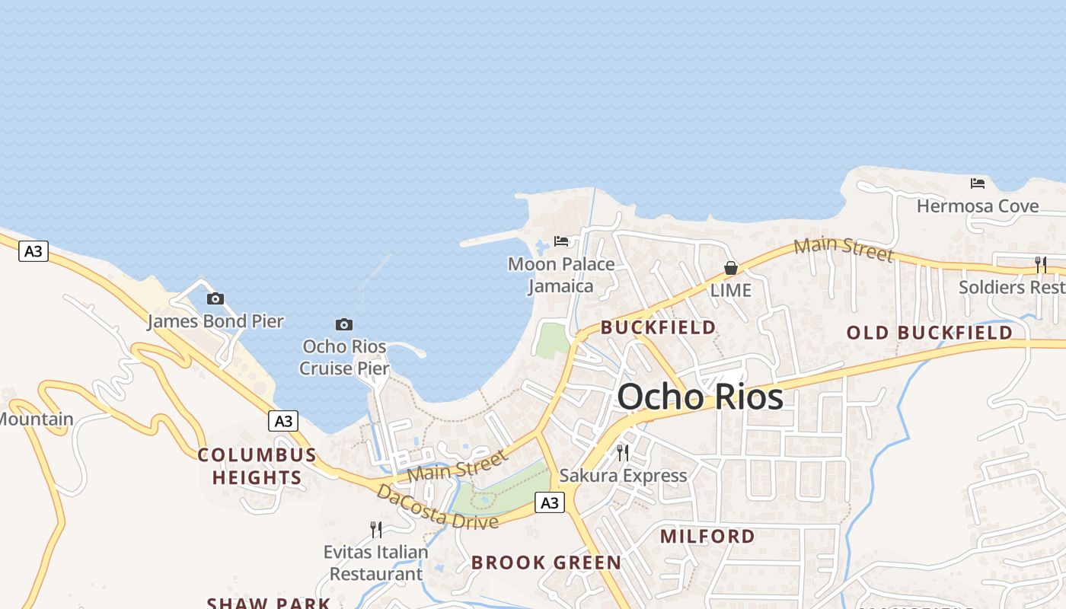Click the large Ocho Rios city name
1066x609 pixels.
(x=700, y=397)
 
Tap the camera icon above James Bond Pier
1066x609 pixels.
(x=215, y=299)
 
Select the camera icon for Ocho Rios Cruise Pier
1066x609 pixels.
(x=344, y=325)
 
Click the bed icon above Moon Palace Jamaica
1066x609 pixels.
(x=561, y=241)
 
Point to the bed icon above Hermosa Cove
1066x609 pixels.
(x=978, y=183)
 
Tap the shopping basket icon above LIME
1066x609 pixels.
(x=731, y=268)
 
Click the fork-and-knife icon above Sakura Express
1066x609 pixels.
(x=623, y=453)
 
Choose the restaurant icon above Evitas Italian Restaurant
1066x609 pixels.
(x=376, y=529)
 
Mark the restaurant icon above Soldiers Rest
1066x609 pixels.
(x=1041, y=265)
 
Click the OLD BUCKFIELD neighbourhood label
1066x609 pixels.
(x=930, y=333)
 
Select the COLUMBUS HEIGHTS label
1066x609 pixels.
(x=257, y=467)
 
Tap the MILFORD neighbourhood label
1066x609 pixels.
(x=707, y=536)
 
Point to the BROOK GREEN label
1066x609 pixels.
(x=546, y=563)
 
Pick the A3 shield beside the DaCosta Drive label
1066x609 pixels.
(x=549, y=502)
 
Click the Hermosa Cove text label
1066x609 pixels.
(x=978, y=206)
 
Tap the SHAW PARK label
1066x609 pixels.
(x=269, y=603)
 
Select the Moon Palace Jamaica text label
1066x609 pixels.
(x=561, y=276)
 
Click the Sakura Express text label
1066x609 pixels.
(x=623, y=476)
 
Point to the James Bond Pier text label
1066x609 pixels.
(x=215, y=321)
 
